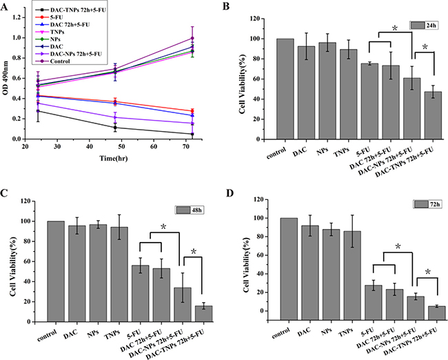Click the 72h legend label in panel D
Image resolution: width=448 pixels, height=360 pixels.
420,205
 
